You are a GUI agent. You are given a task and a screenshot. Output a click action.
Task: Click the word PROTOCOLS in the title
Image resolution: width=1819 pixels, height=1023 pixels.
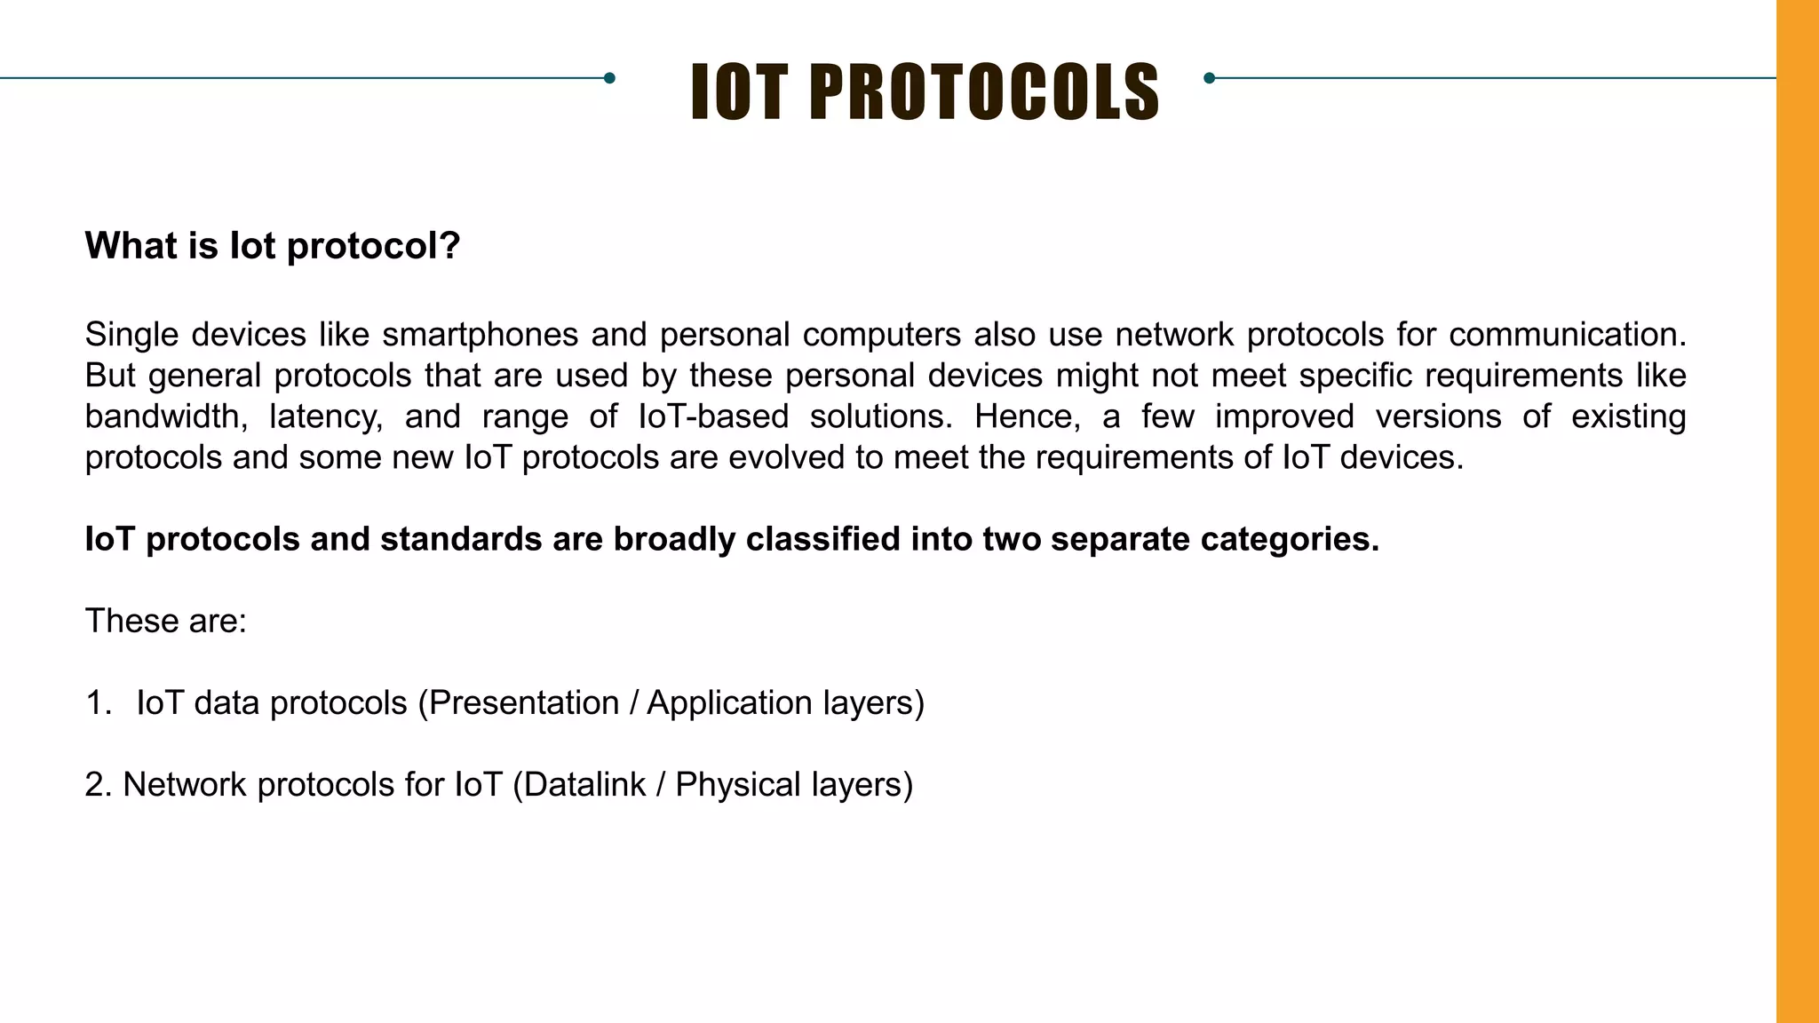(x=984, y=91)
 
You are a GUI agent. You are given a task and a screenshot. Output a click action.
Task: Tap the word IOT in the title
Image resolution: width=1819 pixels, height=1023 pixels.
(x=739, y=91)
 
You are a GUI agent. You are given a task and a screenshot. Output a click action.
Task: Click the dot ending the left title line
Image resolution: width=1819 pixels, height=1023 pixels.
(x=609, y=78)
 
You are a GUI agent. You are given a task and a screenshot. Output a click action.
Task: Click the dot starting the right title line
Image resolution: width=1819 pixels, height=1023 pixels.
(x=1209, y=78)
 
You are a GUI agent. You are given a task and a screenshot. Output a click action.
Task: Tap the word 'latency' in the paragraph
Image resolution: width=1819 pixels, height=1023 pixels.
(x=325, y=416)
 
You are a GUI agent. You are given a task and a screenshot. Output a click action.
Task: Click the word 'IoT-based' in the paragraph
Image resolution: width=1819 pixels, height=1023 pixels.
(x=713, y=416)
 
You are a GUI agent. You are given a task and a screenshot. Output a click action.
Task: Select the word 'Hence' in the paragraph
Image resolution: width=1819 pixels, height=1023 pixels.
(x=1026, y=416)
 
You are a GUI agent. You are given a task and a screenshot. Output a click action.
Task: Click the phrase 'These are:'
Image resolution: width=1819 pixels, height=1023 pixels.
(x=165, y=621)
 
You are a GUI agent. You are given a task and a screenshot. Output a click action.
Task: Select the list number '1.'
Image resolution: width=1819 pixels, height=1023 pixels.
(x=98, y=703)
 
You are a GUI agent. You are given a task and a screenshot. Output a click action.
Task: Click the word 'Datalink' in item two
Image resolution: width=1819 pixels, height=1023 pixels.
(x=584, y=785)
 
